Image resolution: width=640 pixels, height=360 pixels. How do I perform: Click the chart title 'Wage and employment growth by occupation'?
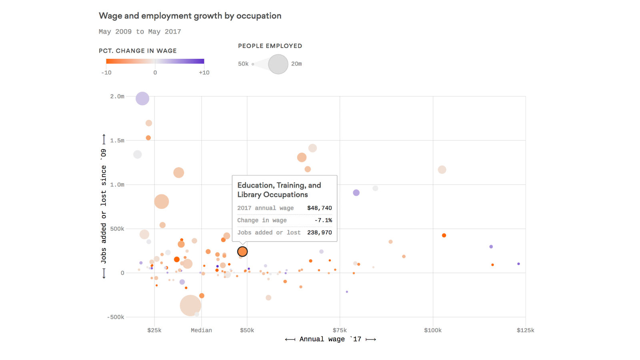[190, 16]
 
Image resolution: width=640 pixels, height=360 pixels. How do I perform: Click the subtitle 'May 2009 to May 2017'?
[140, 32]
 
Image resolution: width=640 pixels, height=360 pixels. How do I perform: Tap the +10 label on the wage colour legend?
[204, 72]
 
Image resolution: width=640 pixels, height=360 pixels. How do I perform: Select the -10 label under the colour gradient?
[106, 72]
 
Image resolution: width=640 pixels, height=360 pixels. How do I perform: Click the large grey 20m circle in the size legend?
[278, 64]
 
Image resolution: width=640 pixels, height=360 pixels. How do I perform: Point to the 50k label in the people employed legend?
[243, 64]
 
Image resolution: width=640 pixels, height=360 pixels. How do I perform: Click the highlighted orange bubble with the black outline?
[242, 252]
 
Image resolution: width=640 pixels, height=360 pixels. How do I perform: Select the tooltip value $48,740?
[319, 208]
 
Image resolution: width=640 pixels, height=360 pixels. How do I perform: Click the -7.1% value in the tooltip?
[323, 220]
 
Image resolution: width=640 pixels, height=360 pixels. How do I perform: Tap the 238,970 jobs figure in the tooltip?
[319, 232]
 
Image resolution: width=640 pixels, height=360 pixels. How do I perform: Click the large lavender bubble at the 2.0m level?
[142, 98]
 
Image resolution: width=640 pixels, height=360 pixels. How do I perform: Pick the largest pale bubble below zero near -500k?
[190, 306]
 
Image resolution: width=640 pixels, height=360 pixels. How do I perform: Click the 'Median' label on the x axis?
[201, 330]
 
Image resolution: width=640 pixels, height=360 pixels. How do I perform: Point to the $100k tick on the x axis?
[433, 330]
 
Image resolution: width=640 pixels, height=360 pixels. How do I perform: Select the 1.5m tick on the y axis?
[117, 140]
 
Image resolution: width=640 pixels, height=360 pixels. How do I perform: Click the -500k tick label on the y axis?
[116, 317]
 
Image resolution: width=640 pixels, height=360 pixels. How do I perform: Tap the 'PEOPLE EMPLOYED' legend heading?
[270, 46]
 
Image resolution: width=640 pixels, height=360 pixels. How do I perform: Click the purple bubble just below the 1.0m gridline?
[356, 193]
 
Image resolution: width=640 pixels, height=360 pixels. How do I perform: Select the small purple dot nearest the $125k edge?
[518, 264]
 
